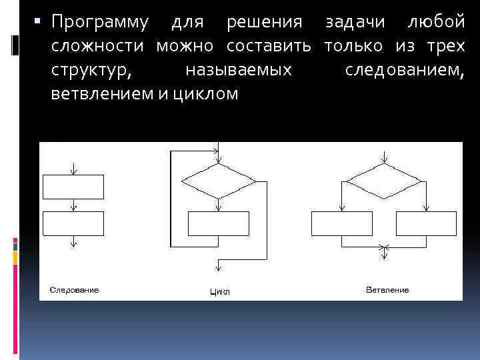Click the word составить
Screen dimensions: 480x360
point(269,47)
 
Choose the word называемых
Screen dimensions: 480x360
point(239,70)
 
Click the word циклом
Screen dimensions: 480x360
point(205,94)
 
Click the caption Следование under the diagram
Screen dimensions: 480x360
point(74,290)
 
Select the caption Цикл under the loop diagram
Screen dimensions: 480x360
point(219,292)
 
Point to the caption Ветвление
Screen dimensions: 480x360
point(387,290)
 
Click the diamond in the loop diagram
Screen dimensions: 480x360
point(219,181)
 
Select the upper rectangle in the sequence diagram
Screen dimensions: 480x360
point(73,186)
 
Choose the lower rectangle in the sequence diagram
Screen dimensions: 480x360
point(73,223)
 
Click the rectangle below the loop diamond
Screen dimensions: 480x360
point(219,223)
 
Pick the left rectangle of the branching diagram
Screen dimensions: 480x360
point(342,223)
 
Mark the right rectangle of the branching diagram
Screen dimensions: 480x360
point(426,223)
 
